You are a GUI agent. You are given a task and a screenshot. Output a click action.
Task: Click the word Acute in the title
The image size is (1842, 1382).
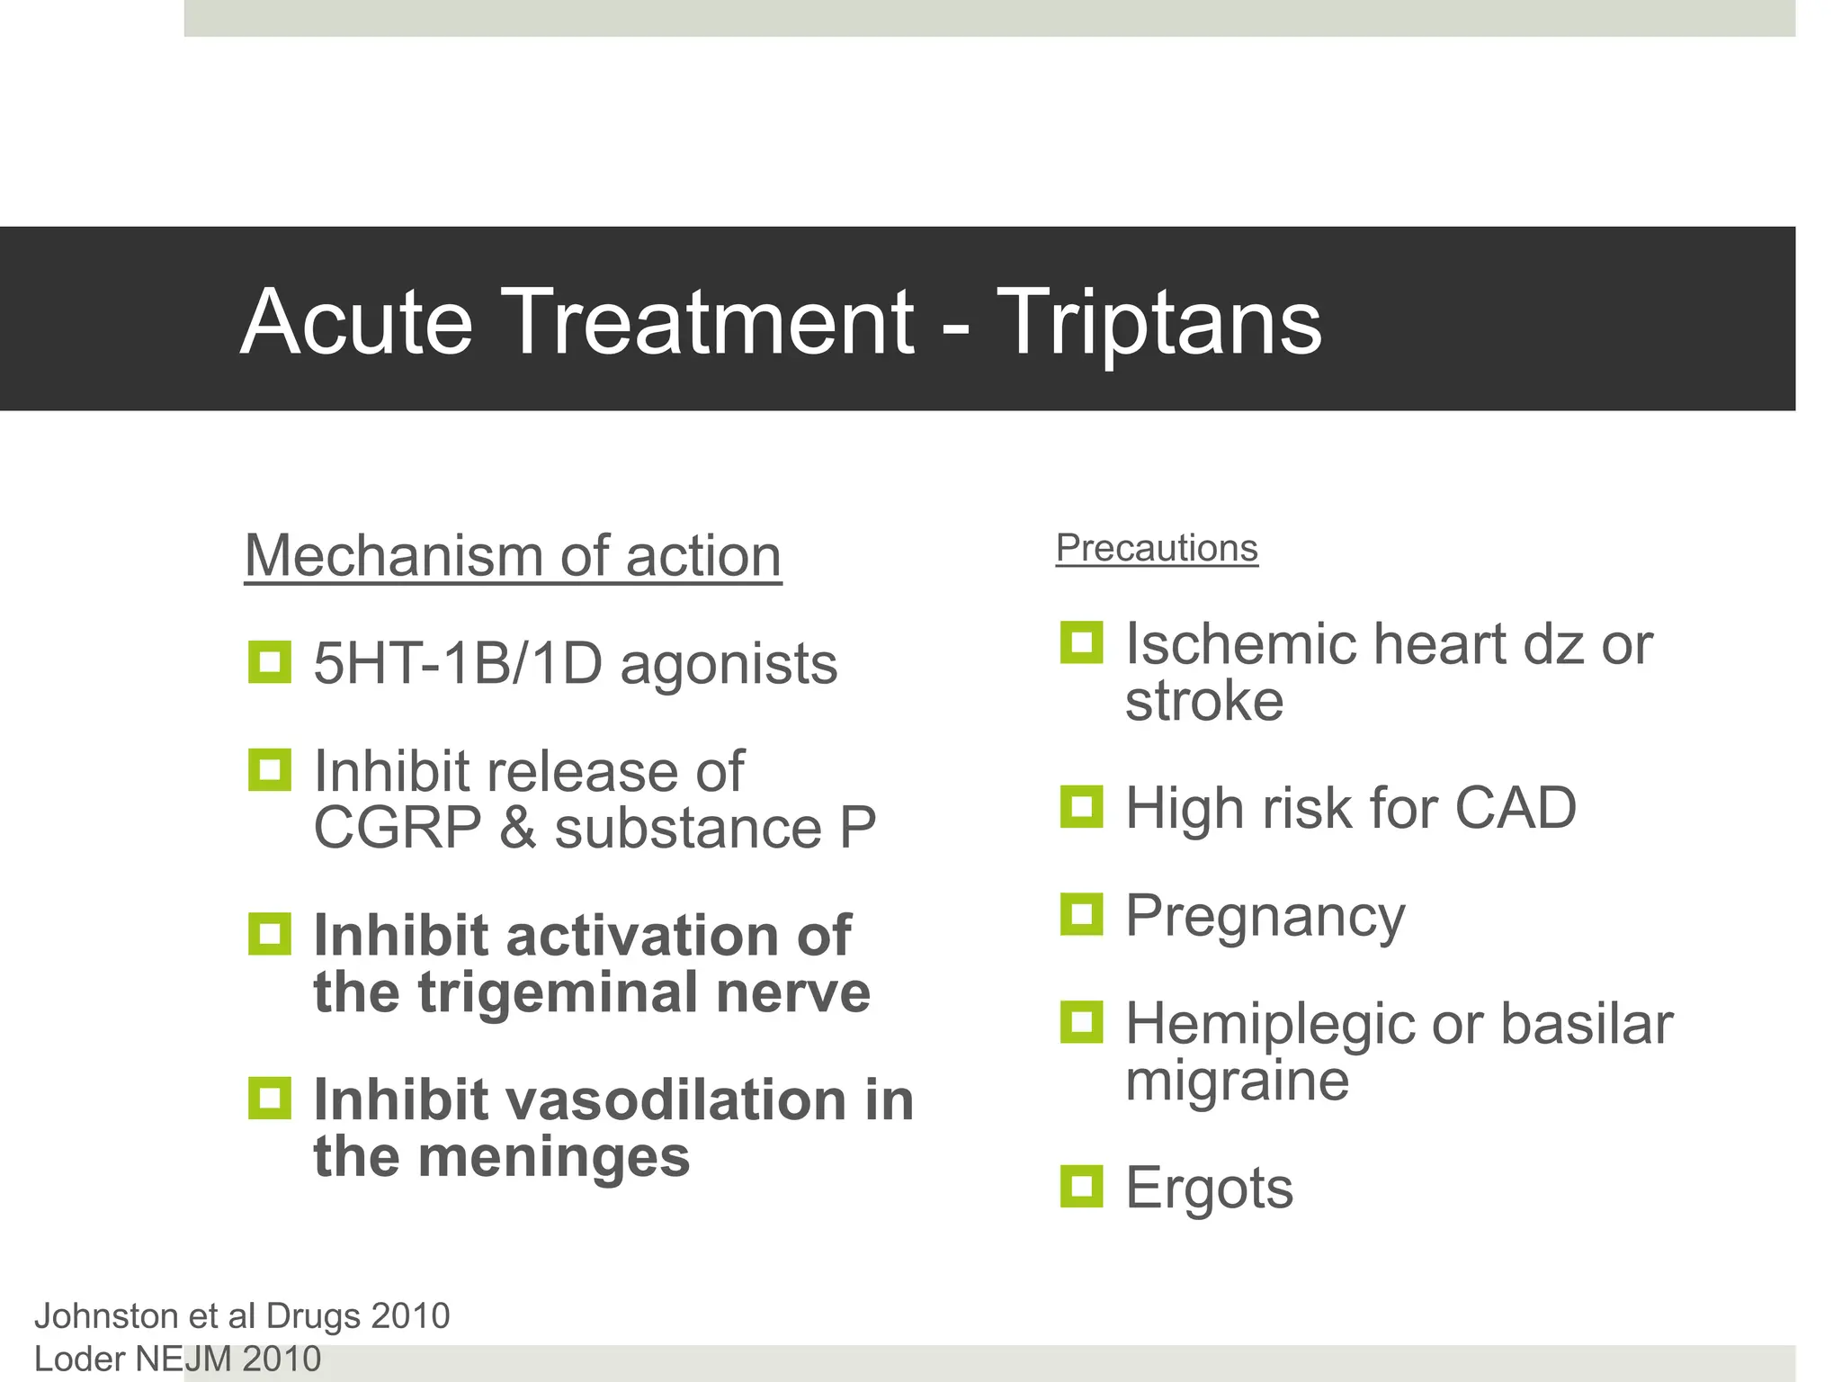[356, 322]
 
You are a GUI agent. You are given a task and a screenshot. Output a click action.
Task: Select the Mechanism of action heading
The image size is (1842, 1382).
[513, 556]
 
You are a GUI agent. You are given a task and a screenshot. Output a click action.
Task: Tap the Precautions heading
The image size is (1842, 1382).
[1157, 548]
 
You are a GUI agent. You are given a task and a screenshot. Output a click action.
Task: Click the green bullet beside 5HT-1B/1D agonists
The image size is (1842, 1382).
[269, 662]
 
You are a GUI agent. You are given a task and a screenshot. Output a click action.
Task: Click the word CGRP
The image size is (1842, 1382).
[397, 828]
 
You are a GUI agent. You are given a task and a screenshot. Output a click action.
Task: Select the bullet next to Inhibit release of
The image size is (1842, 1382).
[269, 770]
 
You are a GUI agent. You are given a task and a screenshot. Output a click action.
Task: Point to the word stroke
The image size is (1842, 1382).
[1203, 701]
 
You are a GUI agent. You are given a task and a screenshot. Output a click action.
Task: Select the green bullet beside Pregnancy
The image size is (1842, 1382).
[1081, 914]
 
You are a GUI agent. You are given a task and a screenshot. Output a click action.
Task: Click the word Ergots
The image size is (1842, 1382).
[1209, 1188]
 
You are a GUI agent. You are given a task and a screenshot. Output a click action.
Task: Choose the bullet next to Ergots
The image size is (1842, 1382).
[1081, 1186]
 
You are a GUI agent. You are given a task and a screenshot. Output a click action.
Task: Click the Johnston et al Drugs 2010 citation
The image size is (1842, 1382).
[241, 1316]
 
